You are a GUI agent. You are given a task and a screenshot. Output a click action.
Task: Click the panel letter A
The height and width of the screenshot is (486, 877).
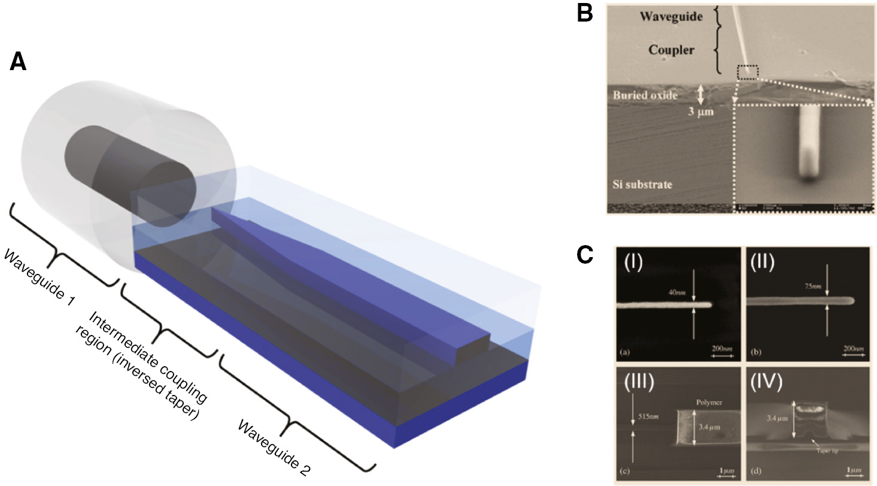[x=18, y=62]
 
